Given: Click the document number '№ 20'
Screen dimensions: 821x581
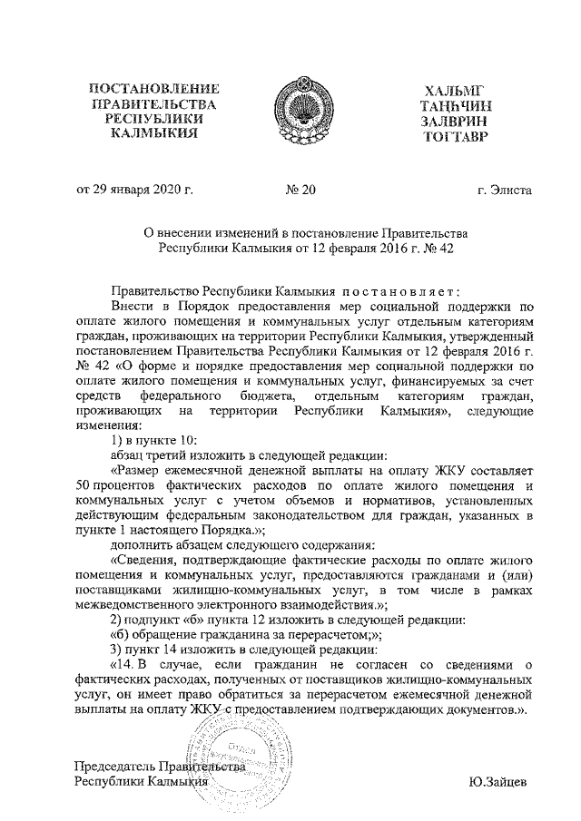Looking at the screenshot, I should [300, 190].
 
